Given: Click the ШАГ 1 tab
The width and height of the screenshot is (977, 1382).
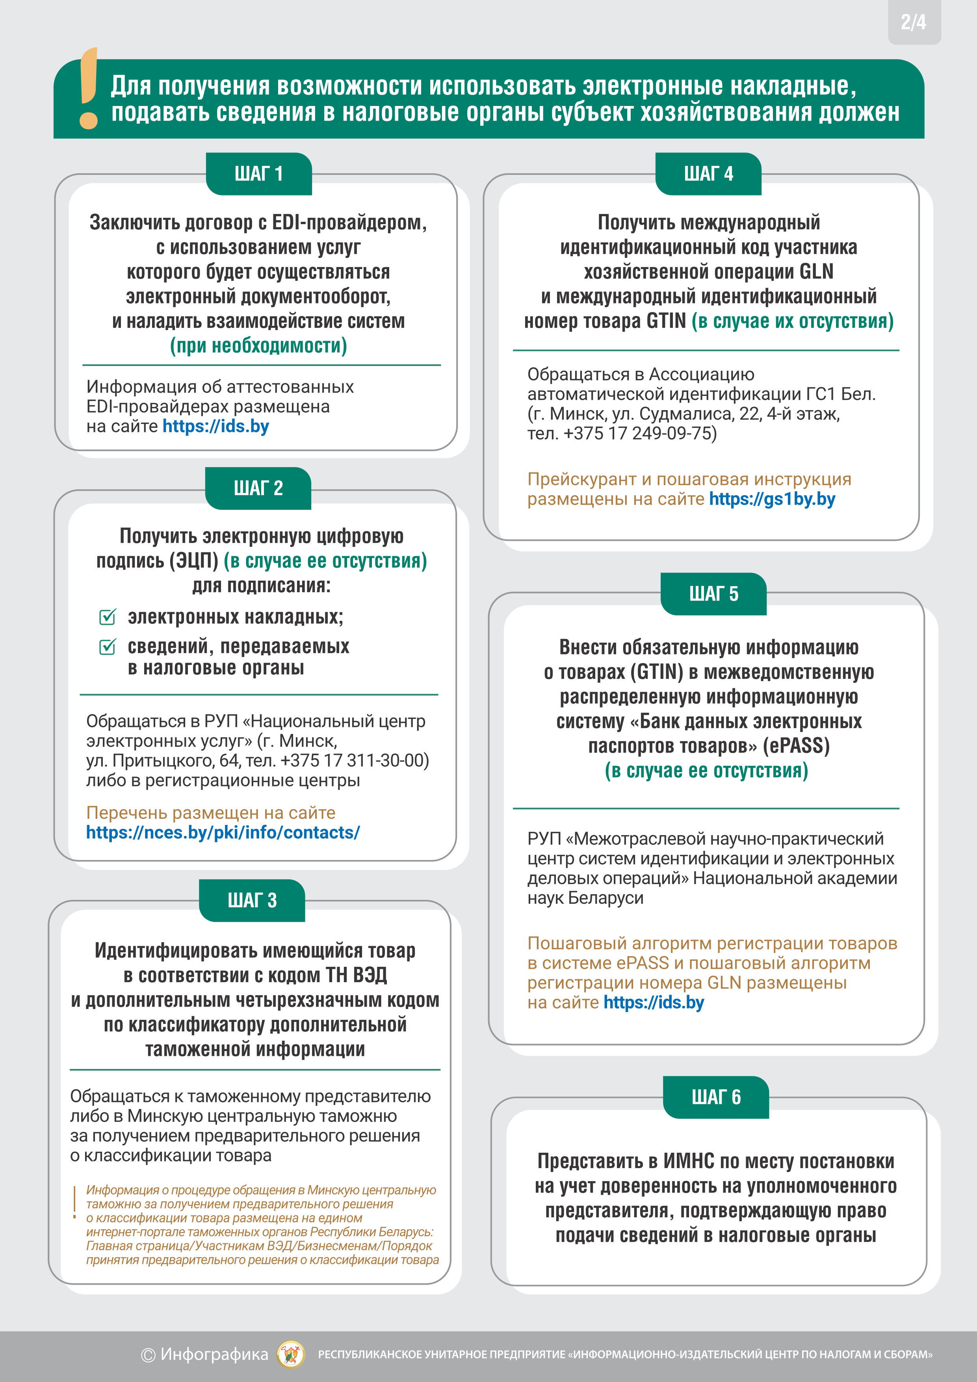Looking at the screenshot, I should click(259, 174).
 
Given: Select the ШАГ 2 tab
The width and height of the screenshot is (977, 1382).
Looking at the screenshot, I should click(258, 488).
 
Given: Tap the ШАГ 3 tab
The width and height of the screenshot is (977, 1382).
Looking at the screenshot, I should click(252, 901).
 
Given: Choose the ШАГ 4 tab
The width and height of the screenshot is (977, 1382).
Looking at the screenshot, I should click(708, 174).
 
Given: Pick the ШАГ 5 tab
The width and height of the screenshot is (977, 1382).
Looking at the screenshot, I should click(713, 594).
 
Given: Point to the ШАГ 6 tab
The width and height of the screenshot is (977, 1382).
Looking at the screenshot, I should click(716, 1097).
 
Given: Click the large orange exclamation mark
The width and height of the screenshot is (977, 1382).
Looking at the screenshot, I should click(89, 89).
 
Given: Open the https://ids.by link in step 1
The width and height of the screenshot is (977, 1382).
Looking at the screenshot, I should click(215, 426).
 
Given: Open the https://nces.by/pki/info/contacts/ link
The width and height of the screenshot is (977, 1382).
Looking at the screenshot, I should click(223, 832).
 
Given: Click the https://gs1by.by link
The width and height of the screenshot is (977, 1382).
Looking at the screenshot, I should click(772, 499).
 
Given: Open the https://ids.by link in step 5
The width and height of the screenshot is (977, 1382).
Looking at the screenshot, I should click(653, 1002).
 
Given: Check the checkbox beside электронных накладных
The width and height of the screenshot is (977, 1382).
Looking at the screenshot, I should click(107, 617).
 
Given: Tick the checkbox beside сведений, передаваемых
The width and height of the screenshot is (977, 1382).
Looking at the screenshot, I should click(107, 646).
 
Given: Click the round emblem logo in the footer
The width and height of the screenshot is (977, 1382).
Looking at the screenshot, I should click(291, 1354).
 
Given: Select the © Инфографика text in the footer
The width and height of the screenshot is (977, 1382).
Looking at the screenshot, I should click(205, 1354).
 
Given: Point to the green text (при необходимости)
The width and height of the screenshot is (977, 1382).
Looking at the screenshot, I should click(258, 345).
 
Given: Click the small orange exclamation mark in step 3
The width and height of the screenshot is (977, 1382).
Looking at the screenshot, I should click(74, 1203).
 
